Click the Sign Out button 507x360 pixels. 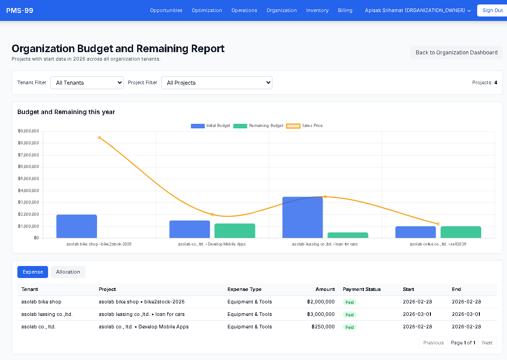click(x=492, y=10)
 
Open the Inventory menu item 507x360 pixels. click(x=317, y=10)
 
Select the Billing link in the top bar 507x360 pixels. click(x=345, y=10)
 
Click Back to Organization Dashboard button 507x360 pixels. click(x=456, y=53)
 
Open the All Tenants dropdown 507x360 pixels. click(x=87, y=82)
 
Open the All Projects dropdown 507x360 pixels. click(x=216, y=82)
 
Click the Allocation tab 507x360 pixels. click(x=68, y=272)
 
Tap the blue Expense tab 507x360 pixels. click(x=32, y=272)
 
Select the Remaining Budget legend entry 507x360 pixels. click(x=259, y=126)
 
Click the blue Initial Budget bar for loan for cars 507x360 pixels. click(x=302, y=217)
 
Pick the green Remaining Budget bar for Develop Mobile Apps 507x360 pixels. click(x=235, y=231)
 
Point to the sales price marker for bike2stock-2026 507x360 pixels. click(x=99, y=137)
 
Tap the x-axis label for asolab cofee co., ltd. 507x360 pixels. click(x=438, y=244)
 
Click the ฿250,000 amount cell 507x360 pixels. click(x=323, y=327)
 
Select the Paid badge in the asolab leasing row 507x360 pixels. click(x=349, y=315)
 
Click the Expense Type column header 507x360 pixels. click(x=244, y=289)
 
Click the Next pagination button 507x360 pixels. click(x=487, y=343)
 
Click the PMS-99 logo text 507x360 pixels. click(x=20, y=10)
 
